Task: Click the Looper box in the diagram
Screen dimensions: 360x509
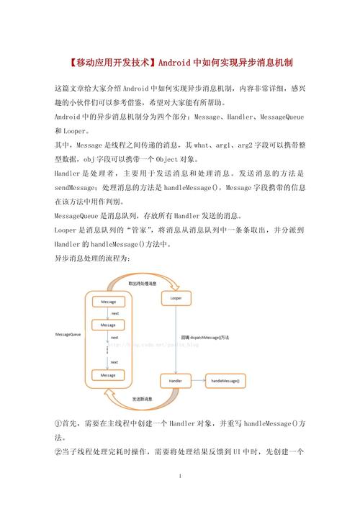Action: coord(176,297)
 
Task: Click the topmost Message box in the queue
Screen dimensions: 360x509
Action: coord(108,301)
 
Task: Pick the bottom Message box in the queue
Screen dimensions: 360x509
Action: coord(108,374)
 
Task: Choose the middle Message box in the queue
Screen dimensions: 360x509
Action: coord(108,325)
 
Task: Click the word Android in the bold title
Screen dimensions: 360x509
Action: coord(177,63)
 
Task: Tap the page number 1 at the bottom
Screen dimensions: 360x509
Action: coord(180,477)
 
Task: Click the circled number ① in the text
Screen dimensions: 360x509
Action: coord(58,424)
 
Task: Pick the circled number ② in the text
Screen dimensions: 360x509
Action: coord(58,451)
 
